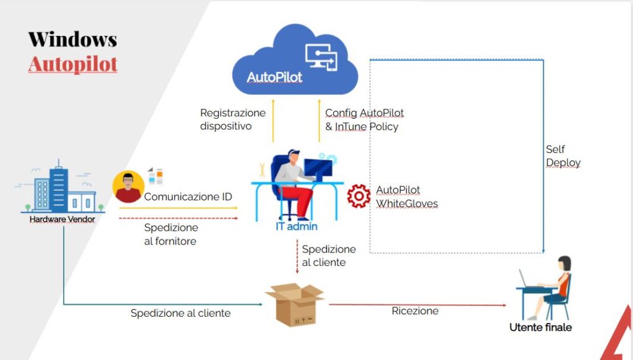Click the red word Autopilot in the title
pyautogui.click(x=72, y=64)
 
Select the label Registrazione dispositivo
pyautogui.click(x=232, y=119)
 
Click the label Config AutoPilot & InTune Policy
pyautogui.click(x=364, y=119)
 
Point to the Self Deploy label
pyautogui.click(x=563, y=156)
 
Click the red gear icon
pyautogui.click(x=358, y=195)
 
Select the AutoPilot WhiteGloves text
pyautogui.click(x=406, y=196)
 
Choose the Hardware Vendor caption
pyautogui.click(x=62, y=219)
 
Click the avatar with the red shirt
pyautogui.click(x=128, y=187)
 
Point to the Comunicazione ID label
pyautogui.click(x=188, y=197)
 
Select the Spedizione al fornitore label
pyautogui.click(x=171, y=234)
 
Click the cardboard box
pyautogui.click(x=294, y=305)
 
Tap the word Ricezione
pyautogui.click(x=415, y=311)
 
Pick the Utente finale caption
pyautogui.click(x=540, y=327)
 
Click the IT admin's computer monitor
pyautogui.click(x=317, y=168)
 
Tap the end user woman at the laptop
pyautogui.click(x=554, y=281)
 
